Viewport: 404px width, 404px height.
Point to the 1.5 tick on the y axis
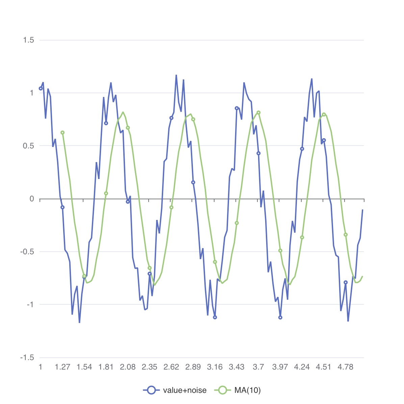tap(28, 40)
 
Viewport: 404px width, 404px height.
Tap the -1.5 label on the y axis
tap(27, 358)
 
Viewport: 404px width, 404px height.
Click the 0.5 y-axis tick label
tap(28, 146)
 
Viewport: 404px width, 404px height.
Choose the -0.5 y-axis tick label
tap(27, 252)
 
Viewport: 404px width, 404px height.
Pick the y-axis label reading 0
tap(32, 199)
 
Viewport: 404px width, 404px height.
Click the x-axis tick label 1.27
tap(62, 367)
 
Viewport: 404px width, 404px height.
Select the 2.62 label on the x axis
tap(171, 367)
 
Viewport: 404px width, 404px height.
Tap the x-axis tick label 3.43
tap(236, 367)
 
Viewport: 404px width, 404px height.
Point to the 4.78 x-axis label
tap(345, 367)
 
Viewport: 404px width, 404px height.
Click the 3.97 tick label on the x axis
tap(280, 367)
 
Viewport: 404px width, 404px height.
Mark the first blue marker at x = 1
tap(41, 89)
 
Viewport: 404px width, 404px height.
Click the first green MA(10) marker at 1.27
tap(62, 132)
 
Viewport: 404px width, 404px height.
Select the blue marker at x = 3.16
tap(215, 317)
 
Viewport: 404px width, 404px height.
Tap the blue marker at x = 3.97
tap(280, 317)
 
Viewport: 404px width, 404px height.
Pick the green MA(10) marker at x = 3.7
tap(258, 112)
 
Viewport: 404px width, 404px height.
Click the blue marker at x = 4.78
tap(345, 282)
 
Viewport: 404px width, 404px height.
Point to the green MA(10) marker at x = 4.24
tap(302, 237)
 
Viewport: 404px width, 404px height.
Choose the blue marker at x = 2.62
tap(171, 118)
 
